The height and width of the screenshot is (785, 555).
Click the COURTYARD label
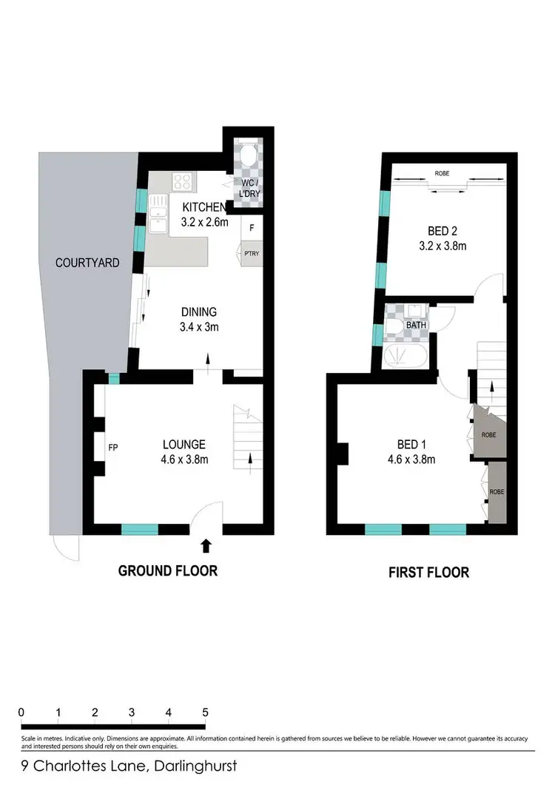coord(88,262)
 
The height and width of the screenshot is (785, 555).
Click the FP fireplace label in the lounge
coord(112,448)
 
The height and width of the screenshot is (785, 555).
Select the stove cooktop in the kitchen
coord(183,181)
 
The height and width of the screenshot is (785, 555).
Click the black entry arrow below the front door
coord(206,546)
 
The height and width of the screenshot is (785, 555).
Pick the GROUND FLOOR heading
coord(168,571)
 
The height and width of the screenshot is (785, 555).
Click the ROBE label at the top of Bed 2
coord(442,173)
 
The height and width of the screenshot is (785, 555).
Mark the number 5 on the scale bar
coord(204,712)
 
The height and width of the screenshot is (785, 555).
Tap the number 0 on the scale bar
coord(21,712)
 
